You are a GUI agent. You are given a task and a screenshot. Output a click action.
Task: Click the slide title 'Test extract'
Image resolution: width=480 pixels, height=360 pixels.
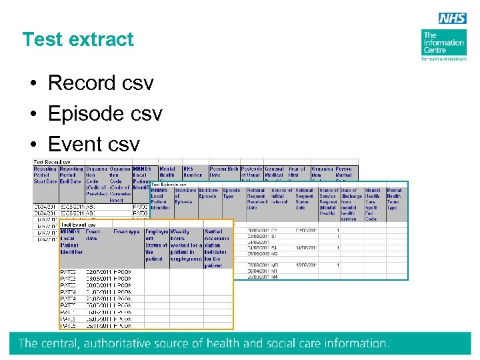click(x=78, y=39)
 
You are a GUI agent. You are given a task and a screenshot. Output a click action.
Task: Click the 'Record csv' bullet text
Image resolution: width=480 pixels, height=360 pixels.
click(x=101, y=83)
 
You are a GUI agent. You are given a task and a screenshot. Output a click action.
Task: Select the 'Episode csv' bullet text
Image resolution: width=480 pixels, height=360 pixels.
click(x=105, y=114)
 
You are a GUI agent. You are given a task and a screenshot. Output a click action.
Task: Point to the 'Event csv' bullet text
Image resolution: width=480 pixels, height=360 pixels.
click(x=94, y=144)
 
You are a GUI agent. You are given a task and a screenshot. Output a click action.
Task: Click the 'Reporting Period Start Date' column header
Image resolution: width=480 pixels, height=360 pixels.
click(x=45, y=175)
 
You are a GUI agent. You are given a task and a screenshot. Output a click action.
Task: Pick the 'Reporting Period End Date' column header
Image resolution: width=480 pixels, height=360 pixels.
click(x=71, y=175)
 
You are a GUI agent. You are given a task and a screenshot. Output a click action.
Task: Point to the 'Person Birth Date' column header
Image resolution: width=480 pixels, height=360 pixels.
click(x=224, y=172)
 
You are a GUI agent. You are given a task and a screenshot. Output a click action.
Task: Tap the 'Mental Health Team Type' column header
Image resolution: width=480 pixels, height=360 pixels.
click(x=394, y=199)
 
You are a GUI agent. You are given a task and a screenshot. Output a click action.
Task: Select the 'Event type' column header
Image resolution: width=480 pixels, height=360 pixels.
click(x=127, y=232)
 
